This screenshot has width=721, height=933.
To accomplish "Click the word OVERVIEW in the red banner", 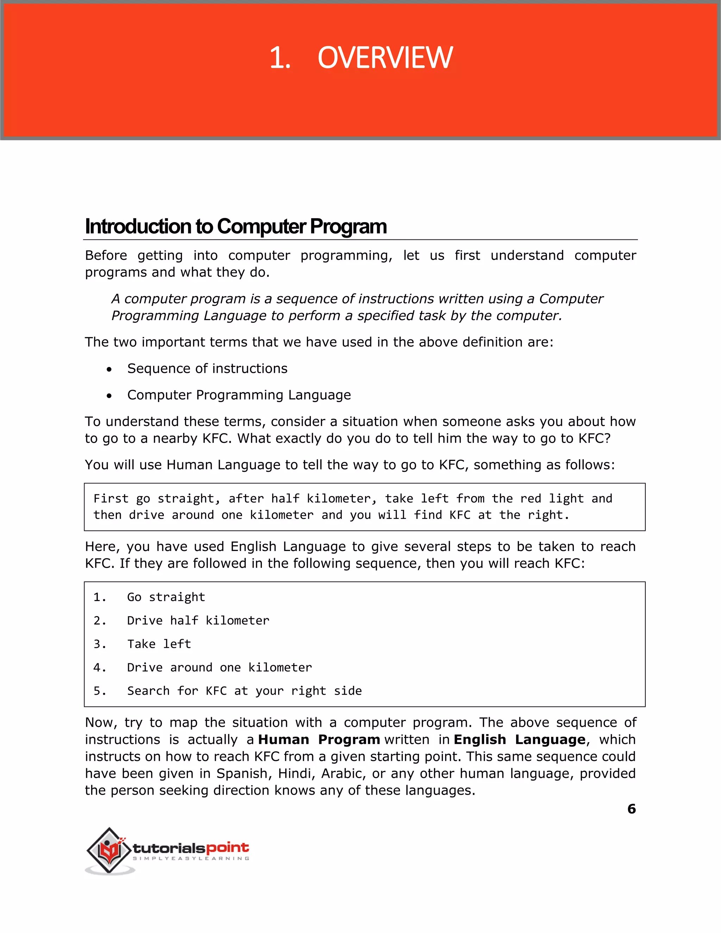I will tap(385, 58).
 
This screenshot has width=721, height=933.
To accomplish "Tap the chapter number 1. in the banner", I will tap(280, 58).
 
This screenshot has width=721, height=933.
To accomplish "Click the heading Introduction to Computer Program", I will tap(236, 226).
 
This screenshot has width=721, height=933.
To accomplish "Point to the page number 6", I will tap(631, 809).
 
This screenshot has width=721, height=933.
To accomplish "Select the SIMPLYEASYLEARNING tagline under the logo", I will tap(191, 859).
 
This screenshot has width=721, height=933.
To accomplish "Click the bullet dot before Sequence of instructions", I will tap(110, 369).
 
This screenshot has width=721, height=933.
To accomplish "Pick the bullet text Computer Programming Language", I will tap(239, 395).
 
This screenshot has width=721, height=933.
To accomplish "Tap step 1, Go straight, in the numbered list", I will tap(166, 597).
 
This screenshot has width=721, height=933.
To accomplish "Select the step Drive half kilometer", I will tap(198, 620).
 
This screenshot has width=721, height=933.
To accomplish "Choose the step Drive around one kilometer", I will tap(220, 667).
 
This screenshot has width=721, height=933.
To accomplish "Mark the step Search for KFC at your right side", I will tap(244, 691).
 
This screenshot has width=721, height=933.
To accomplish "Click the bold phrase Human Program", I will tap(319, 739).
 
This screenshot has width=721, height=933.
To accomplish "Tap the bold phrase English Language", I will tap(519, 739).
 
